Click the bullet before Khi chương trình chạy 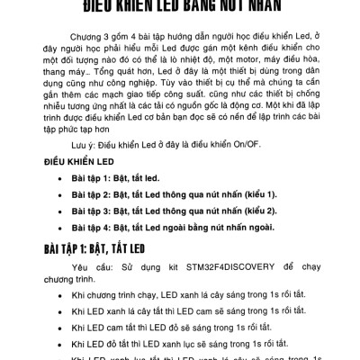[59, 295]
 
